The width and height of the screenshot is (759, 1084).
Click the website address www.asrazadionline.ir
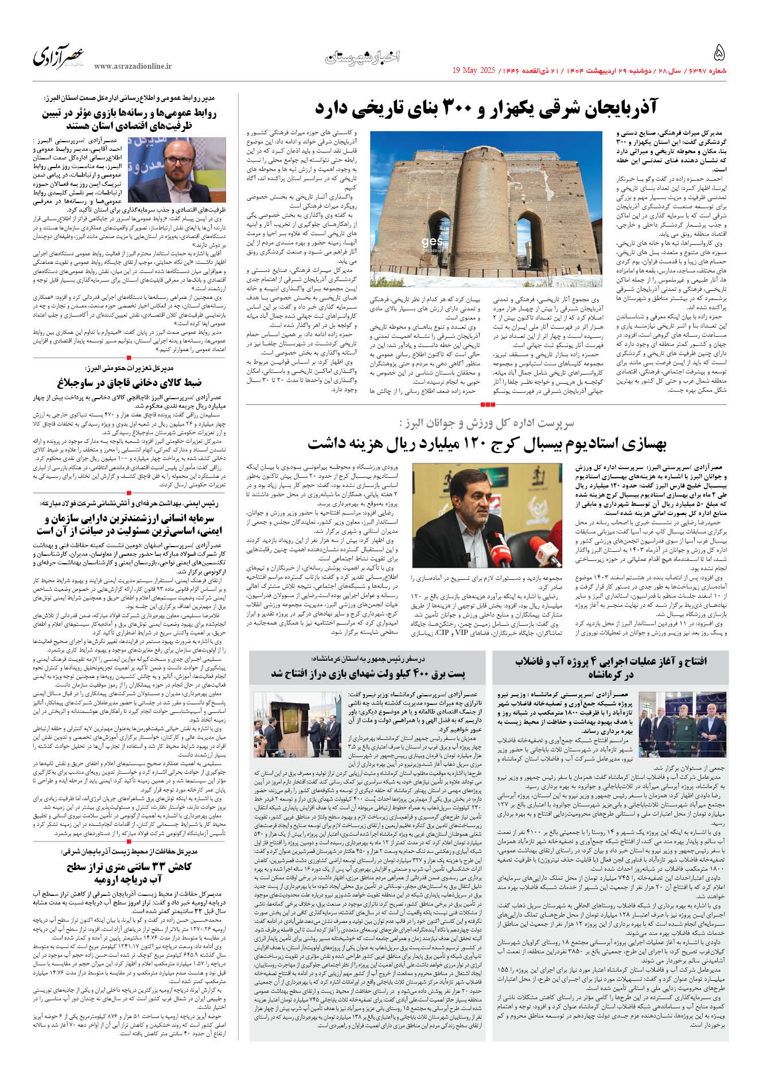coord(133,67)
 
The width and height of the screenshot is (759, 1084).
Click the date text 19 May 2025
coord(473,71)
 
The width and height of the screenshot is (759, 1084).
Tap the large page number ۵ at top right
coord(719,53)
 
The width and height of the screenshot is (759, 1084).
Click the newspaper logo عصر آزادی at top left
coord(59,56)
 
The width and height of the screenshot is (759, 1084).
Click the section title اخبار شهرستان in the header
coord(362,57)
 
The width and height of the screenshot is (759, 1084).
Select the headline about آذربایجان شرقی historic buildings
coord(486,107)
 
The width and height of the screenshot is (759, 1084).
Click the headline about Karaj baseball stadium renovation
coord(487,444)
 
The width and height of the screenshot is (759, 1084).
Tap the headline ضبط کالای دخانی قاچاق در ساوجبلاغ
coord(129,383)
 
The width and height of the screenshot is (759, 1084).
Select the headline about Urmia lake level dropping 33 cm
coord(129,872)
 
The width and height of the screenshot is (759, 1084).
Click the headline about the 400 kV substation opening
coord(368,673)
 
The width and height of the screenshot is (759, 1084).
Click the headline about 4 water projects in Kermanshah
coord(611,668)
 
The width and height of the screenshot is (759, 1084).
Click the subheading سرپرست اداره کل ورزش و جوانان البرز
coord(486,423)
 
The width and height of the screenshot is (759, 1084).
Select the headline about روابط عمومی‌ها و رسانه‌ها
coord(129,119)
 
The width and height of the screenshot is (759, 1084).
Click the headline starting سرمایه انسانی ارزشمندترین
coord(129,525)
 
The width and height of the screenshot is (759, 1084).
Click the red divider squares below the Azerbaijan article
coord(487,404)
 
